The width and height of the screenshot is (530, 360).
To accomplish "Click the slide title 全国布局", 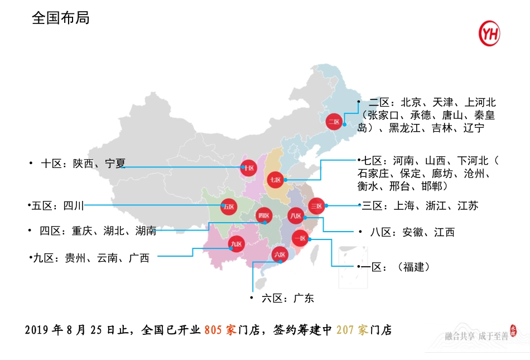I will (61, 18).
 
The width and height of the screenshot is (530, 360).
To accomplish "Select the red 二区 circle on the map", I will (334, 121).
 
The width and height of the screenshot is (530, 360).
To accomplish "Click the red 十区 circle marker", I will (248, 167).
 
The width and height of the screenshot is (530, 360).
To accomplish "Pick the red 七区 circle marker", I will (276, 180).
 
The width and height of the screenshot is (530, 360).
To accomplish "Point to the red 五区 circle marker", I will (228, 207).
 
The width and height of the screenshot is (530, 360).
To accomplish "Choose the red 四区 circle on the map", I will (263, 215).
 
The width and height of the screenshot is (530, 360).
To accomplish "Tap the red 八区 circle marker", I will (296, 215).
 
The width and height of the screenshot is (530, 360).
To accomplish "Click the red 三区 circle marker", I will (316, 206).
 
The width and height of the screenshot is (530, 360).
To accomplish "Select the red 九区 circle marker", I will (237, 244).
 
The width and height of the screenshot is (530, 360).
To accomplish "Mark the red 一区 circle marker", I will (300, 238).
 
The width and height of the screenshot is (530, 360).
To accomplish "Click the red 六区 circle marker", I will (279, 255).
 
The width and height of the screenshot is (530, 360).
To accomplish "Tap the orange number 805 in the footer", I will (214, 330).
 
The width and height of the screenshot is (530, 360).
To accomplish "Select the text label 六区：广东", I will (287, 298).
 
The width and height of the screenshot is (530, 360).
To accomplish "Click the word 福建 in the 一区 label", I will (414, 267).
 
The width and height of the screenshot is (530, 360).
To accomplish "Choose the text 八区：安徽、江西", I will (412, 232).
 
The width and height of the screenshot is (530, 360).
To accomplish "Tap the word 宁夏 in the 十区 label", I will (115, 164).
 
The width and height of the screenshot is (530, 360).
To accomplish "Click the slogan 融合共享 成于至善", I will (476, 336).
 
